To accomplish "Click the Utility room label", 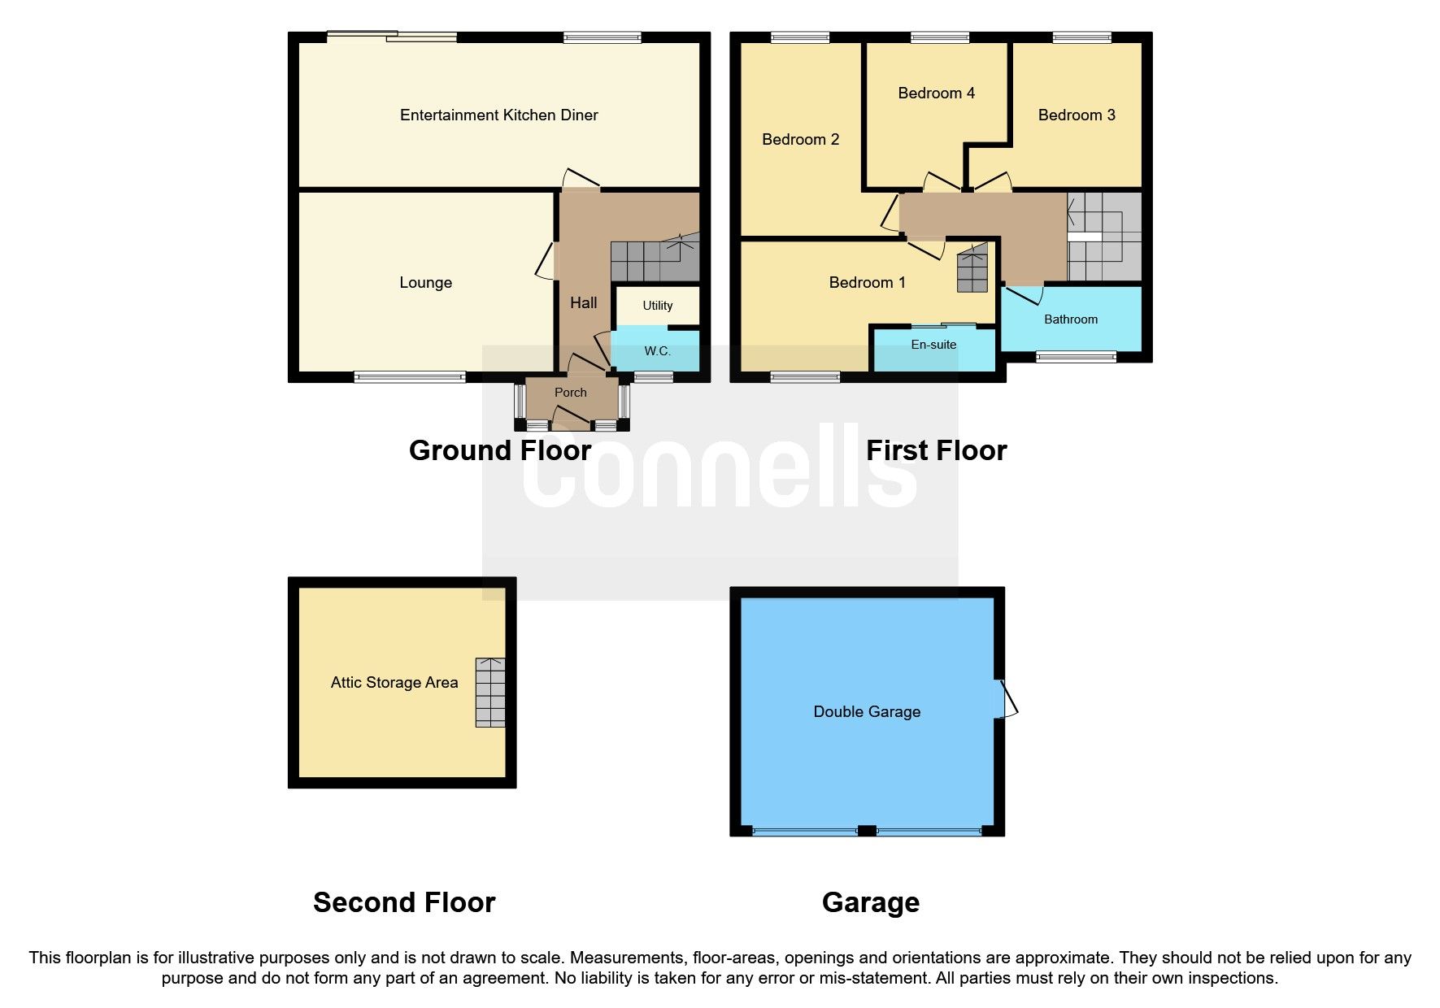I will coord(657,306).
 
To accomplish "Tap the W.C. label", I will coord(657,351).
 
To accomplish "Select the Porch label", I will coord(570,393).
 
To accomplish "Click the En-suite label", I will coord(933,345).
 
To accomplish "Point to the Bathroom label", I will coord(1070,319).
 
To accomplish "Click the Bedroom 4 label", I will coord(936,93).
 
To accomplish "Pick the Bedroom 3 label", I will coord(1076,115).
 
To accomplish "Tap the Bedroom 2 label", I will coord(800,140).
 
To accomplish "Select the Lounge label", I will coord(425,283).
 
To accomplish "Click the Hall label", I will coord(583,303).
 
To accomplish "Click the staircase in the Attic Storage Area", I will coord(490,692).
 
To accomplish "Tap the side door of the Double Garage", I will coord(1007,699).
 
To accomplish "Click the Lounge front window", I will coord(410,376).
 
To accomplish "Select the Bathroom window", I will coord(1075,356).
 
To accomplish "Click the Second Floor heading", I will coord(404,902).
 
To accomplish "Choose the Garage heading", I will coord(870,902).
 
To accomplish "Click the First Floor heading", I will coord(936,450).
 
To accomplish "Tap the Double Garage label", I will coord(867,712).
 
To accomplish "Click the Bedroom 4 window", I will coord(939,37).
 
